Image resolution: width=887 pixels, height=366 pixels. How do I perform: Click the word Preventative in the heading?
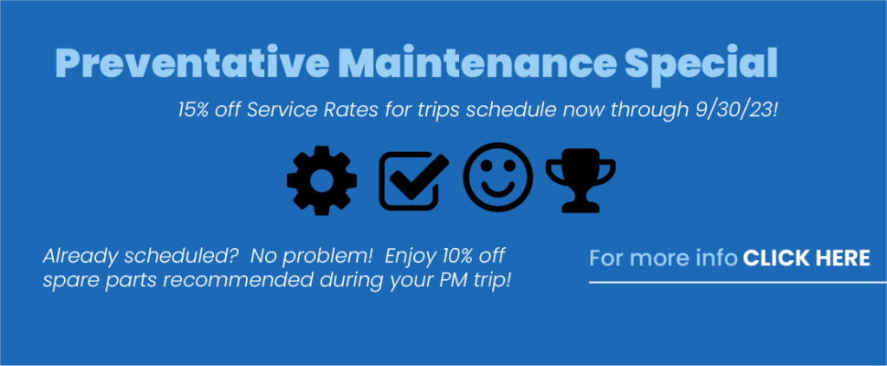click(x=192, y=63)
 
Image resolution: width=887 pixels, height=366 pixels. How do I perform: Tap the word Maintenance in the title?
click(x=476, y=63)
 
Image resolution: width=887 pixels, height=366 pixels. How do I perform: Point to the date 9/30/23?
click(x=737, y=109)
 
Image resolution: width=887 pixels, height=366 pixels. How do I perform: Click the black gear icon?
click(x=322, y=180)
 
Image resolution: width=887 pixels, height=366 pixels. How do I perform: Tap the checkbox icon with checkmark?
click(x=413, y=180)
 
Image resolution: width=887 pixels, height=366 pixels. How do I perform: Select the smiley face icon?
click(x=498, y=177)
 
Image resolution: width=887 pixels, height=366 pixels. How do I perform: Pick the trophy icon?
click(x=580, y=180)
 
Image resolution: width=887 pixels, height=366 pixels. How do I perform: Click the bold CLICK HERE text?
click(x=806, y=258)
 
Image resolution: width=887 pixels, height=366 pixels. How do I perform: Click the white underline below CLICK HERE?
click(x=738, y=282)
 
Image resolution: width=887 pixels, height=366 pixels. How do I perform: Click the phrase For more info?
click(x=664, y=258)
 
